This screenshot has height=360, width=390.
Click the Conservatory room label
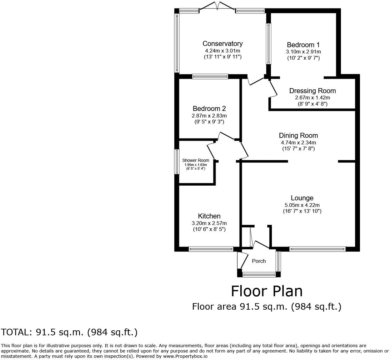[x=222, y=44]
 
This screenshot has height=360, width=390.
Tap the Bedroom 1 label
[x=303, y=45]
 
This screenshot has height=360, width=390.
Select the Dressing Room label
[x=312, y=91]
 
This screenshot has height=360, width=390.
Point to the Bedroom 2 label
[x=209, y=109]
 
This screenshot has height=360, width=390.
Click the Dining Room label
[x=298, y=136]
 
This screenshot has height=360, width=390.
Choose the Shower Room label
[x=196, y=160]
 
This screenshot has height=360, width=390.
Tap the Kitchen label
[x=209, y=216]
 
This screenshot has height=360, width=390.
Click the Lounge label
[x=302, y=198]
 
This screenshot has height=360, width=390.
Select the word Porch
[x=259, y=261]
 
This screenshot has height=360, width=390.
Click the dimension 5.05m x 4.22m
[x=302, y=205]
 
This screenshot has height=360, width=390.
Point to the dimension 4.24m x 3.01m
[x=222, y=51]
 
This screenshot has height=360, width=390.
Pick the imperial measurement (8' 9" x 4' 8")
[x=312, y=104]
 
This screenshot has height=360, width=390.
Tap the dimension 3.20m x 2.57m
[x=209, y=223]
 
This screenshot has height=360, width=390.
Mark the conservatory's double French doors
[x=217, y=6]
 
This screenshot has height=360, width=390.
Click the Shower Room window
[x=177, y=162]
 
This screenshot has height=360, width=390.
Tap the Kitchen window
[x=211, y=249]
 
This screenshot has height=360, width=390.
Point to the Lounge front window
[x=317, y=249]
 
